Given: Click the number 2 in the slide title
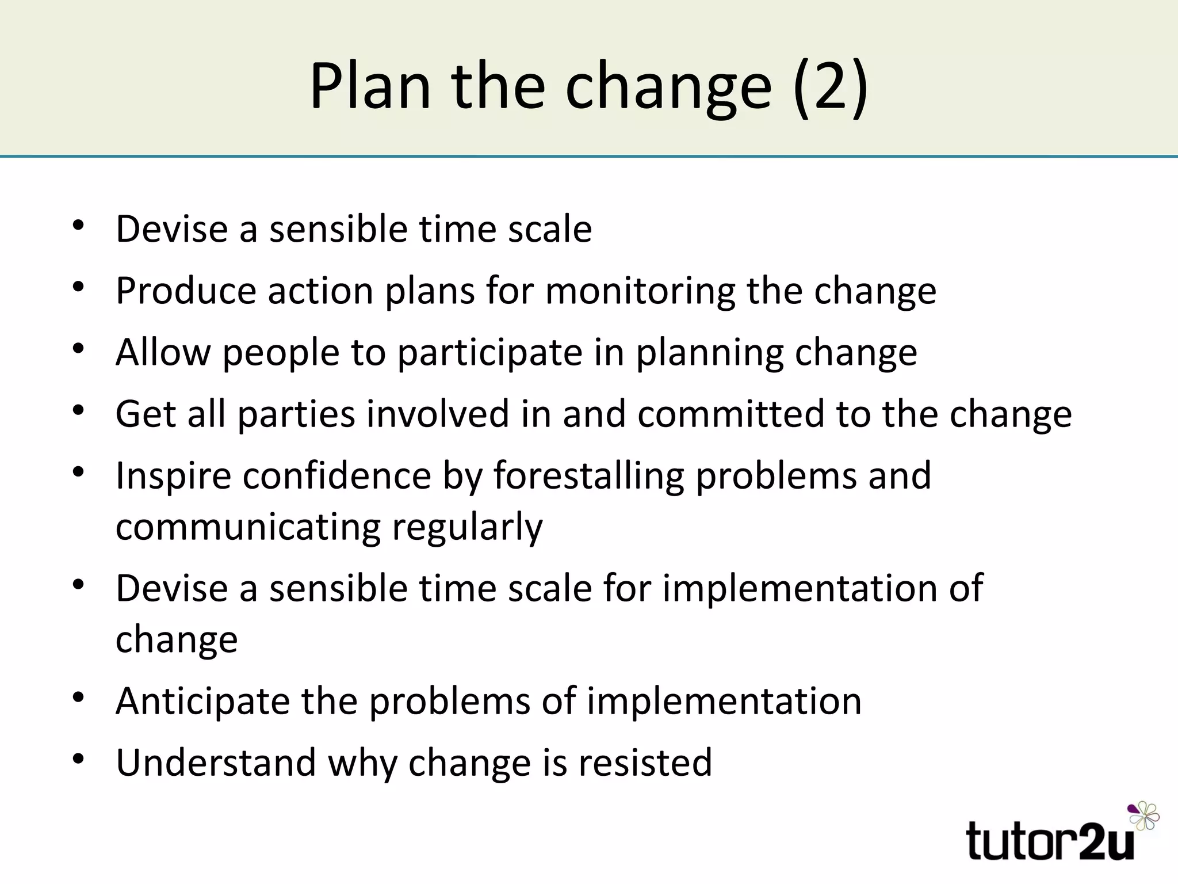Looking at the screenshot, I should click(831, 86).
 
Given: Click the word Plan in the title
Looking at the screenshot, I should click(370, 86).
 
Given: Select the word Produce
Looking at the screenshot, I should click(186, 291).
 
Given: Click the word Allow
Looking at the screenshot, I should click(163, 352).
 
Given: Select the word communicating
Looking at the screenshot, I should click(248, 528).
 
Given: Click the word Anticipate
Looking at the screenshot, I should click(202, 702).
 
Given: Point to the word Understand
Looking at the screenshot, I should click(216, 763).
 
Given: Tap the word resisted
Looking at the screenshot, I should click(645, 763).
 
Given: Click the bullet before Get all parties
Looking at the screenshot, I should click(79, 410).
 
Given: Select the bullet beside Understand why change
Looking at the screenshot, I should click(79, 759).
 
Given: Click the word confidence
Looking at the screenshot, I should click(336, 477).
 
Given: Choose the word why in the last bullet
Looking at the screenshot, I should click(362, 764).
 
